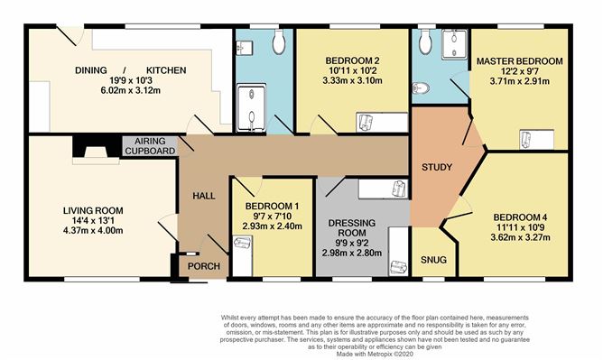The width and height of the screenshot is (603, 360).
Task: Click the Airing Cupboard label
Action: (x=150, y=146)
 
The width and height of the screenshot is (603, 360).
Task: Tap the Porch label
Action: (x=204, y=266)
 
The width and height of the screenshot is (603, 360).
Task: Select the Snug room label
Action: (x=433, y=260)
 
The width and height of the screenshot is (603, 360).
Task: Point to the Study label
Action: (x=437, y=167)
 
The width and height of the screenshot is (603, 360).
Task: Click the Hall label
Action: (x=204, y=196)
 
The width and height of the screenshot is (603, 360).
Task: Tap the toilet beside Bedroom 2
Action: (x=279, y=42)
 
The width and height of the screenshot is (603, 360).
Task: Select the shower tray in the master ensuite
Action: (x=454, y=44)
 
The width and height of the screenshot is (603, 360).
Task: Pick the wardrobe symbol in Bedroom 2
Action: (x=366, y=123)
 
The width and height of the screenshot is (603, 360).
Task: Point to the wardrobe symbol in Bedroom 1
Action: (x=243, y=243)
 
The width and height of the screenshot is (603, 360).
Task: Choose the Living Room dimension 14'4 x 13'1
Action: (x=94, y=220)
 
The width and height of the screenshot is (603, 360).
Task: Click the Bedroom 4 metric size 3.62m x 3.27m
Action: (x=520, y=237)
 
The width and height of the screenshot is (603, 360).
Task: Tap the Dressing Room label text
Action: (x=351, y=228)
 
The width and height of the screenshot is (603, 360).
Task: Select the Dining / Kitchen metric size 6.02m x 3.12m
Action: (x=130, y=90)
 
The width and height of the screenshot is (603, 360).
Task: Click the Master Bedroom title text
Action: (x=520, y=61)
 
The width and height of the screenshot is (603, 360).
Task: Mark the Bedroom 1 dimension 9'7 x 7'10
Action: (x=272, y=217)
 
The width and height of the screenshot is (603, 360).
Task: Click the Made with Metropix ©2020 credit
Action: (x=375, y=354)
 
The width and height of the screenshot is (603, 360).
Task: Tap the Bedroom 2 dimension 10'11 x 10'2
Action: (x=352, y=70)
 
